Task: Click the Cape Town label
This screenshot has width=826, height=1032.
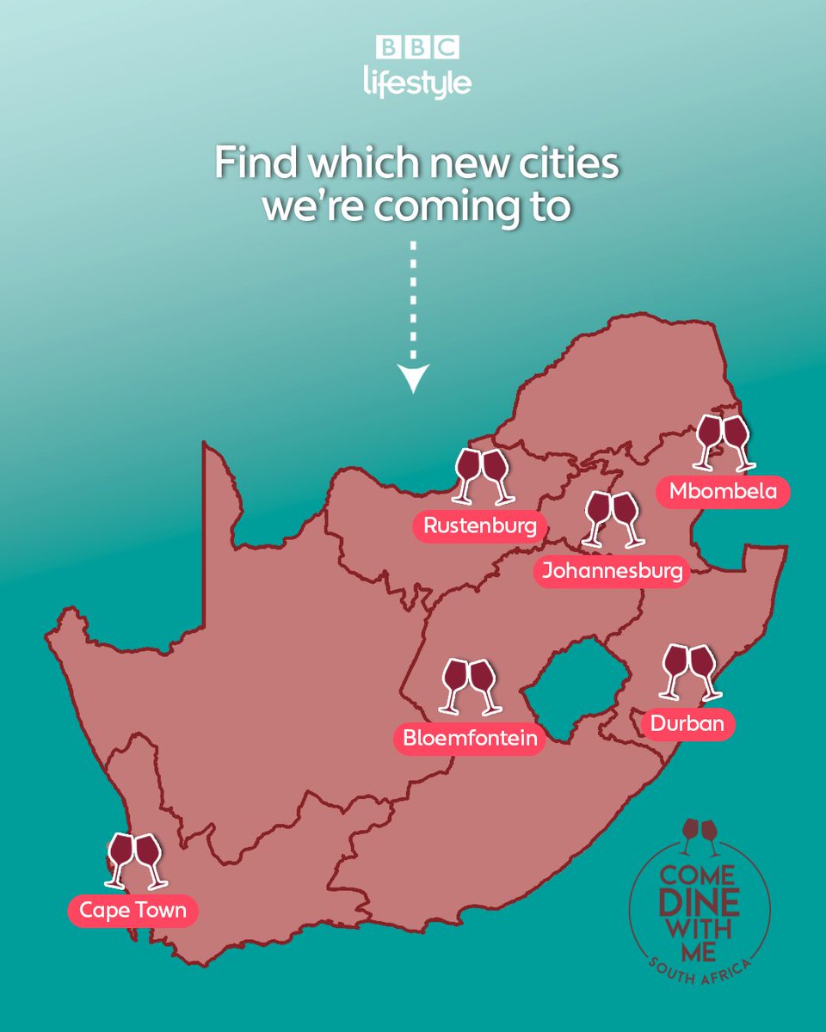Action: coord(133,910)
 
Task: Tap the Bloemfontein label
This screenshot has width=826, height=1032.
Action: coord(470,738)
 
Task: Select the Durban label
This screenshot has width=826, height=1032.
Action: coord(687,723)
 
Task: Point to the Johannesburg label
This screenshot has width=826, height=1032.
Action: coord(612,571)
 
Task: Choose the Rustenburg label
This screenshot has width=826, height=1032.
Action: coord(478,525)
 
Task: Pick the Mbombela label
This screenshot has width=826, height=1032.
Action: coord(723,492)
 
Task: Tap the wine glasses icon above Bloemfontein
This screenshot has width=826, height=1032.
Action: coord(470,686)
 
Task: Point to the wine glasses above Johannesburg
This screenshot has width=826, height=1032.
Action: coord(612,519)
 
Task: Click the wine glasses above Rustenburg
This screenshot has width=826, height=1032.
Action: coord(483,476)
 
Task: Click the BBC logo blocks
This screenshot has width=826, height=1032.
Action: coord(417,46)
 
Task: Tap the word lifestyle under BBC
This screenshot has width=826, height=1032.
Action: coord(417,83)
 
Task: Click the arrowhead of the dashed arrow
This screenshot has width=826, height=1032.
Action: coord(414,377)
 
